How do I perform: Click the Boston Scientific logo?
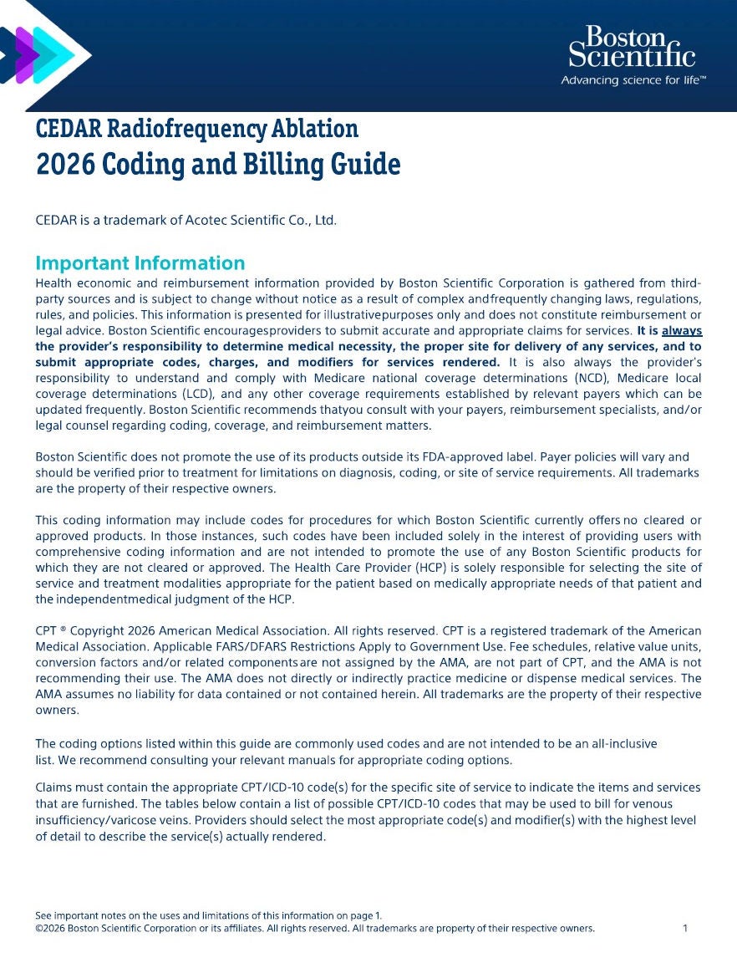[x=632, y=48]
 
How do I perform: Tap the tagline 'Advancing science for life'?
[x=633, y=80]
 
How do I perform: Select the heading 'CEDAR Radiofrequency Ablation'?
[x=197, y=129]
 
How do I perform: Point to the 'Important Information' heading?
[x=140, y=263]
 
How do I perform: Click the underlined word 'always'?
[x=681, y=331]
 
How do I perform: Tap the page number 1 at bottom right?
[x=685, y=928]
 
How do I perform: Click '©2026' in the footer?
[x=49, y=928]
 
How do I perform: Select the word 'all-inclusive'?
[x=621, y=744]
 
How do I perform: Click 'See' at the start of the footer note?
[x=43, y=916]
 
